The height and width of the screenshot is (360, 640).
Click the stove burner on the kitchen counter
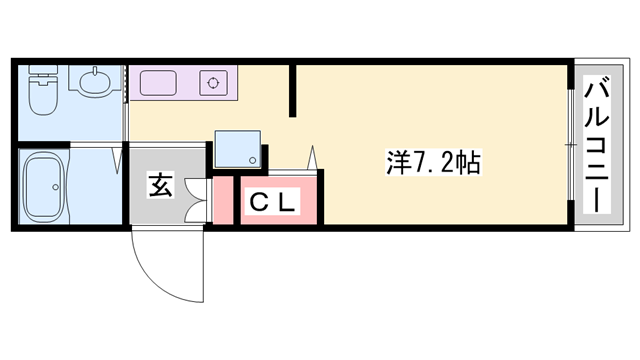213,82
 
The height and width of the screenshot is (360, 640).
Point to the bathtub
44,188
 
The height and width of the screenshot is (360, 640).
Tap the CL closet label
271,202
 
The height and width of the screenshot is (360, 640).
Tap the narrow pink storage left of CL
222,200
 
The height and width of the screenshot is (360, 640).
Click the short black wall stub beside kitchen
292,90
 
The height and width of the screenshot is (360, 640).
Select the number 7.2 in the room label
433,162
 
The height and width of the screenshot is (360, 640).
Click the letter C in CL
257,202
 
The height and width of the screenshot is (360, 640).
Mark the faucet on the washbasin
94,75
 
